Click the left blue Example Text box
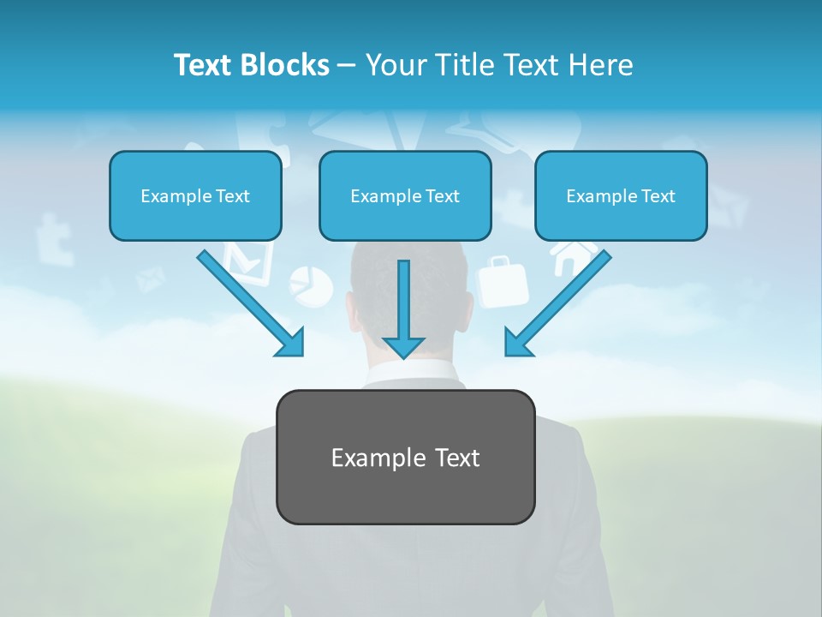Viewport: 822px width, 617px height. [195, 196]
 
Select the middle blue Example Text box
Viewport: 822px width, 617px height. [405, 196]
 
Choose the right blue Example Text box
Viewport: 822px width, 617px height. [621, 196]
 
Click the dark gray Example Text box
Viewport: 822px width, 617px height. [405, 457]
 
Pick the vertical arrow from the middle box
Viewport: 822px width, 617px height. [403, 308]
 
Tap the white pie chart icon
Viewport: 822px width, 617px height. [311, 285]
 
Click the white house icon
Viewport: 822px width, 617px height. [575, 255]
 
